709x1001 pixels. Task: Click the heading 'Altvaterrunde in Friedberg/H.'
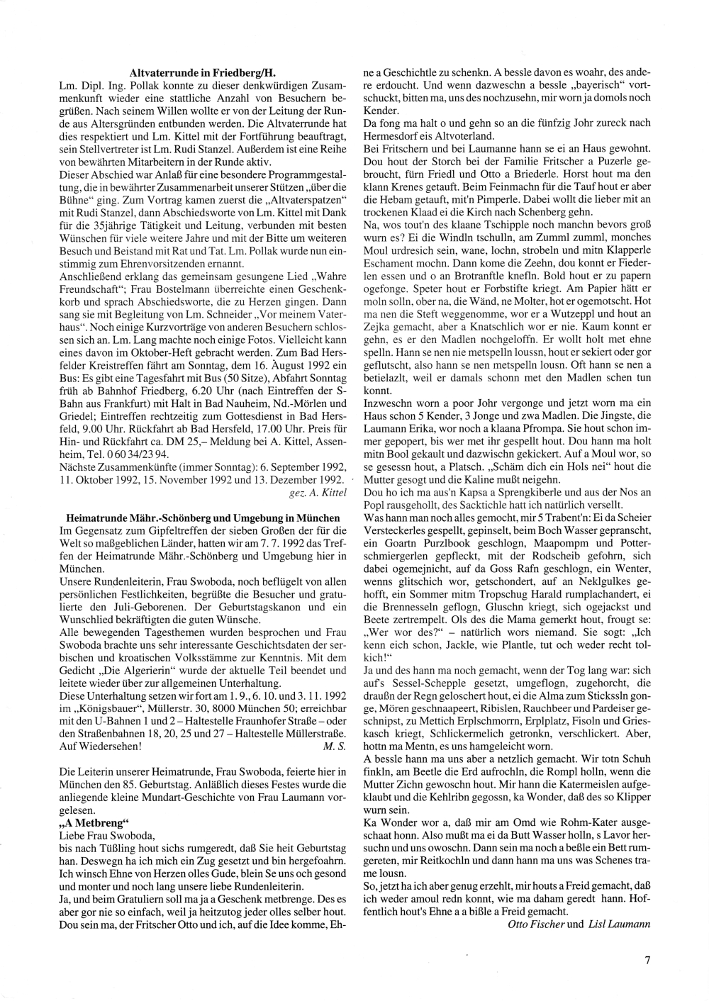coord(203,72)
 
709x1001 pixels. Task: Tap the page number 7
coord(647,961)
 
